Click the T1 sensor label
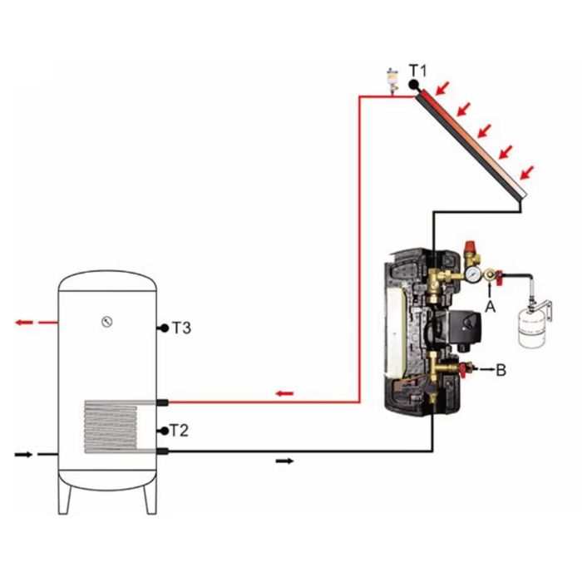417,71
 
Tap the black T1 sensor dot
413,85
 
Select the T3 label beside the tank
182,328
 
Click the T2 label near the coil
180,431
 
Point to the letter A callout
491,307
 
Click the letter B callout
501,370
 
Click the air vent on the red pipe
392,79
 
